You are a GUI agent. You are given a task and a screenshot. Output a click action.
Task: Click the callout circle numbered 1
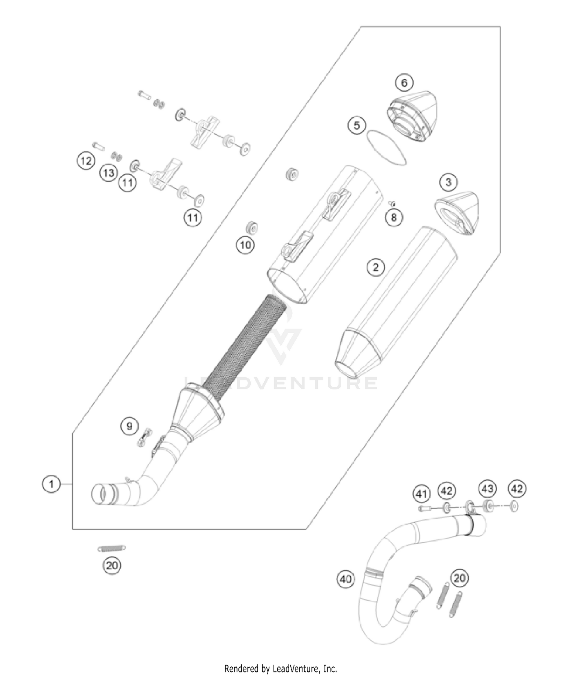pyautogui.click(x=51, y=484)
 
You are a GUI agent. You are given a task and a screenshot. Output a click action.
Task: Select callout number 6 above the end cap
pyautogui.click(x=404, y=82)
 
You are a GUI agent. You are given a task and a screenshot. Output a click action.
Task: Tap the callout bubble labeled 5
pyautogui.click(x=357, y=125)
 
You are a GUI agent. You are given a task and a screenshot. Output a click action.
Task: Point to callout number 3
pyautogui.click(x=448, y=182)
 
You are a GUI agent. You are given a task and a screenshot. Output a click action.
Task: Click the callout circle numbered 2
pyautogui.click(x=376, y=267)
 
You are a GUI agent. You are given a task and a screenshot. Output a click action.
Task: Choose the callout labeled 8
pyautogui.click(x=394, y=217)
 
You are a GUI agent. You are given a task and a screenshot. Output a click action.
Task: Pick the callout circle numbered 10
pyautogui.click(x=245, y=245)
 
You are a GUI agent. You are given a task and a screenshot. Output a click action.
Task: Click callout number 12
pyautogui.click(x=86, y=161)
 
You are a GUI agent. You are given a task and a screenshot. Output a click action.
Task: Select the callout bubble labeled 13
pyautogui.click(x=109, y=173)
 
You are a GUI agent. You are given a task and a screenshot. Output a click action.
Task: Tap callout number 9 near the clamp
pyautogui.click(x=129, y=426)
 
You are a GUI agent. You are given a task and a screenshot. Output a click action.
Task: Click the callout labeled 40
pyautogui.click(x=345, y=579)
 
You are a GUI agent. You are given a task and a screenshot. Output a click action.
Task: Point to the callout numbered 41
pyautogui.click(x=422, y=494)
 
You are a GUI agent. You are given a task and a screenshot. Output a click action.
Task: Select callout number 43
pyautogui.click(x=487, y=489)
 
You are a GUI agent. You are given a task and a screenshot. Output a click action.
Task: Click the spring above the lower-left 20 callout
pyautogui.click(x=112, y=549)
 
